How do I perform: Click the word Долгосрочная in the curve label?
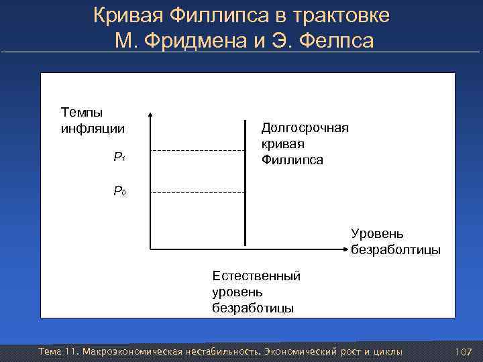pos(305,127)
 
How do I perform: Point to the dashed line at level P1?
pos(198,151)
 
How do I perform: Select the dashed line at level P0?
pos(198,193)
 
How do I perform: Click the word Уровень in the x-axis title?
pos(377,234)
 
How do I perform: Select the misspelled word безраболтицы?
pos(396,250)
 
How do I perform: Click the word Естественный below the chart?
pos(256,276)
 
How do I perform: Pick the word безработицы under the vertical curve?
pos(253,308)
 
